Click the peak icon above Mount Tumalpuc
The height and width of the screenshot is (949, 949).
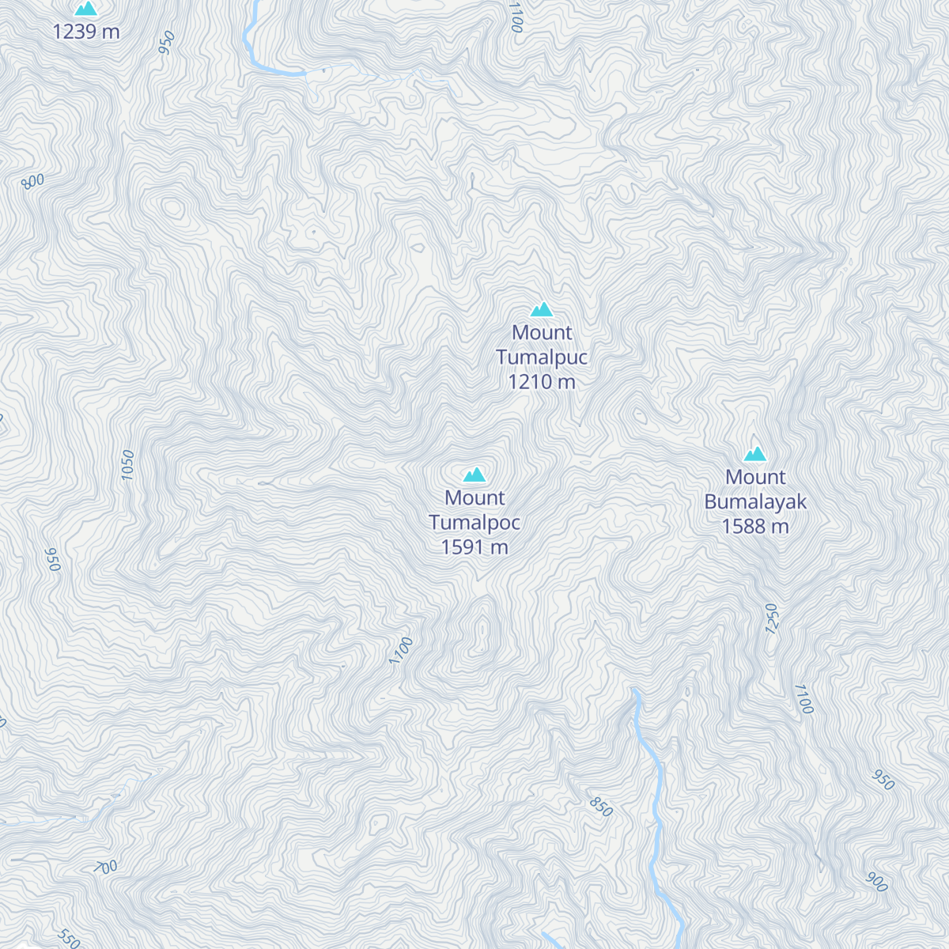tap(542, 309)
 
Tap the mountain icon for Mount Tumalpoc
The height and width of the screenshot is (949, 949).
tap(475, 475)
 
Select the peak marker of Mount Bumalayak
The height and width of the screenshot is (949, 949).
tap(755, 454)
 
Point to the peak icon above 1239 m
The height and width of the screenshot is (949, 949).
tap(85, 9)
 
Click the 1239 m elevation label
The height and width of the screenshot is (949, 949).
tap(86, 32)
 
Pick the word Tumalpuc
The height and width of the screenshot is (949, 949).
tap(542, 357)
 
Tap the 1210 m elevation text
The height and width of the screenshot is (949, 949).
tap(542, 382)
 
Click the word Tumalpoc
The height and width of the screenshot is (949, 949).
tap(475, 523)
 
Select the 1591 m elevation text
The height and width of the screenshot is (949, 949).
tap(475, 547)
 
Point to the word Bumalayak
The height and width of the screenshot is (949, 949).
tap(755, 502)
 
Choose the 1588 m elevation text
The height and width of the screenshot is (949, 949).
tap(755, 527)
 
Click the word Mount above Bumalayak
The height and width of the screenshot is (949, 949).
tap(755, 478)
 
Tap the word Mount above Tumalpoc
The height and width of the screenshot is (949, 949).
tap(475, 498)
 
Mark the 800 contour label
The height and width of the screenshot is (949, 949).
tap(33, 181)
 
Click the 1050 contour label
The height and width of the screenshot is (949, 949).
tap(128, 465)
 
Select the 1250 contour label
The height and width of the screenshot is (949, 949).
tap(773, 618)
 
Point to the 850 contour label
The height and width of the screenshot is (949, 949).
tap(601, 807)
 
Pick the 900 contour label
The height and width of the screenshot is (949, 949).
tap(877, 882)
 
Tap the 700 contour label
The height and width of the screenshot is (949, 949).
tap(106, 867)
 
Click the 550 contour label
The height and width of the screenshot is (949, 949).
tap(69, 939)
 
